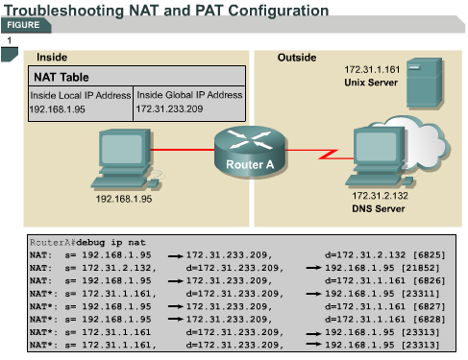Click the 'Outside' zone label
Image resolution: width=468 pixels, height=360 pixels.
(296, 58)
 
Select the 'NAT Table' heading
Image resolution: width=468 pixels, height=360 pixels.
(62, 76)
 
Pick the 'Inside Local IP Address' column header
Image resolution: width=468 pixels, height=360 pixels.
(80, 95)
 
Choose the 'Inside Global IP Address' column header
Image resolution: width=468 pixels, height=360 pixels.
(189, 95)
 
